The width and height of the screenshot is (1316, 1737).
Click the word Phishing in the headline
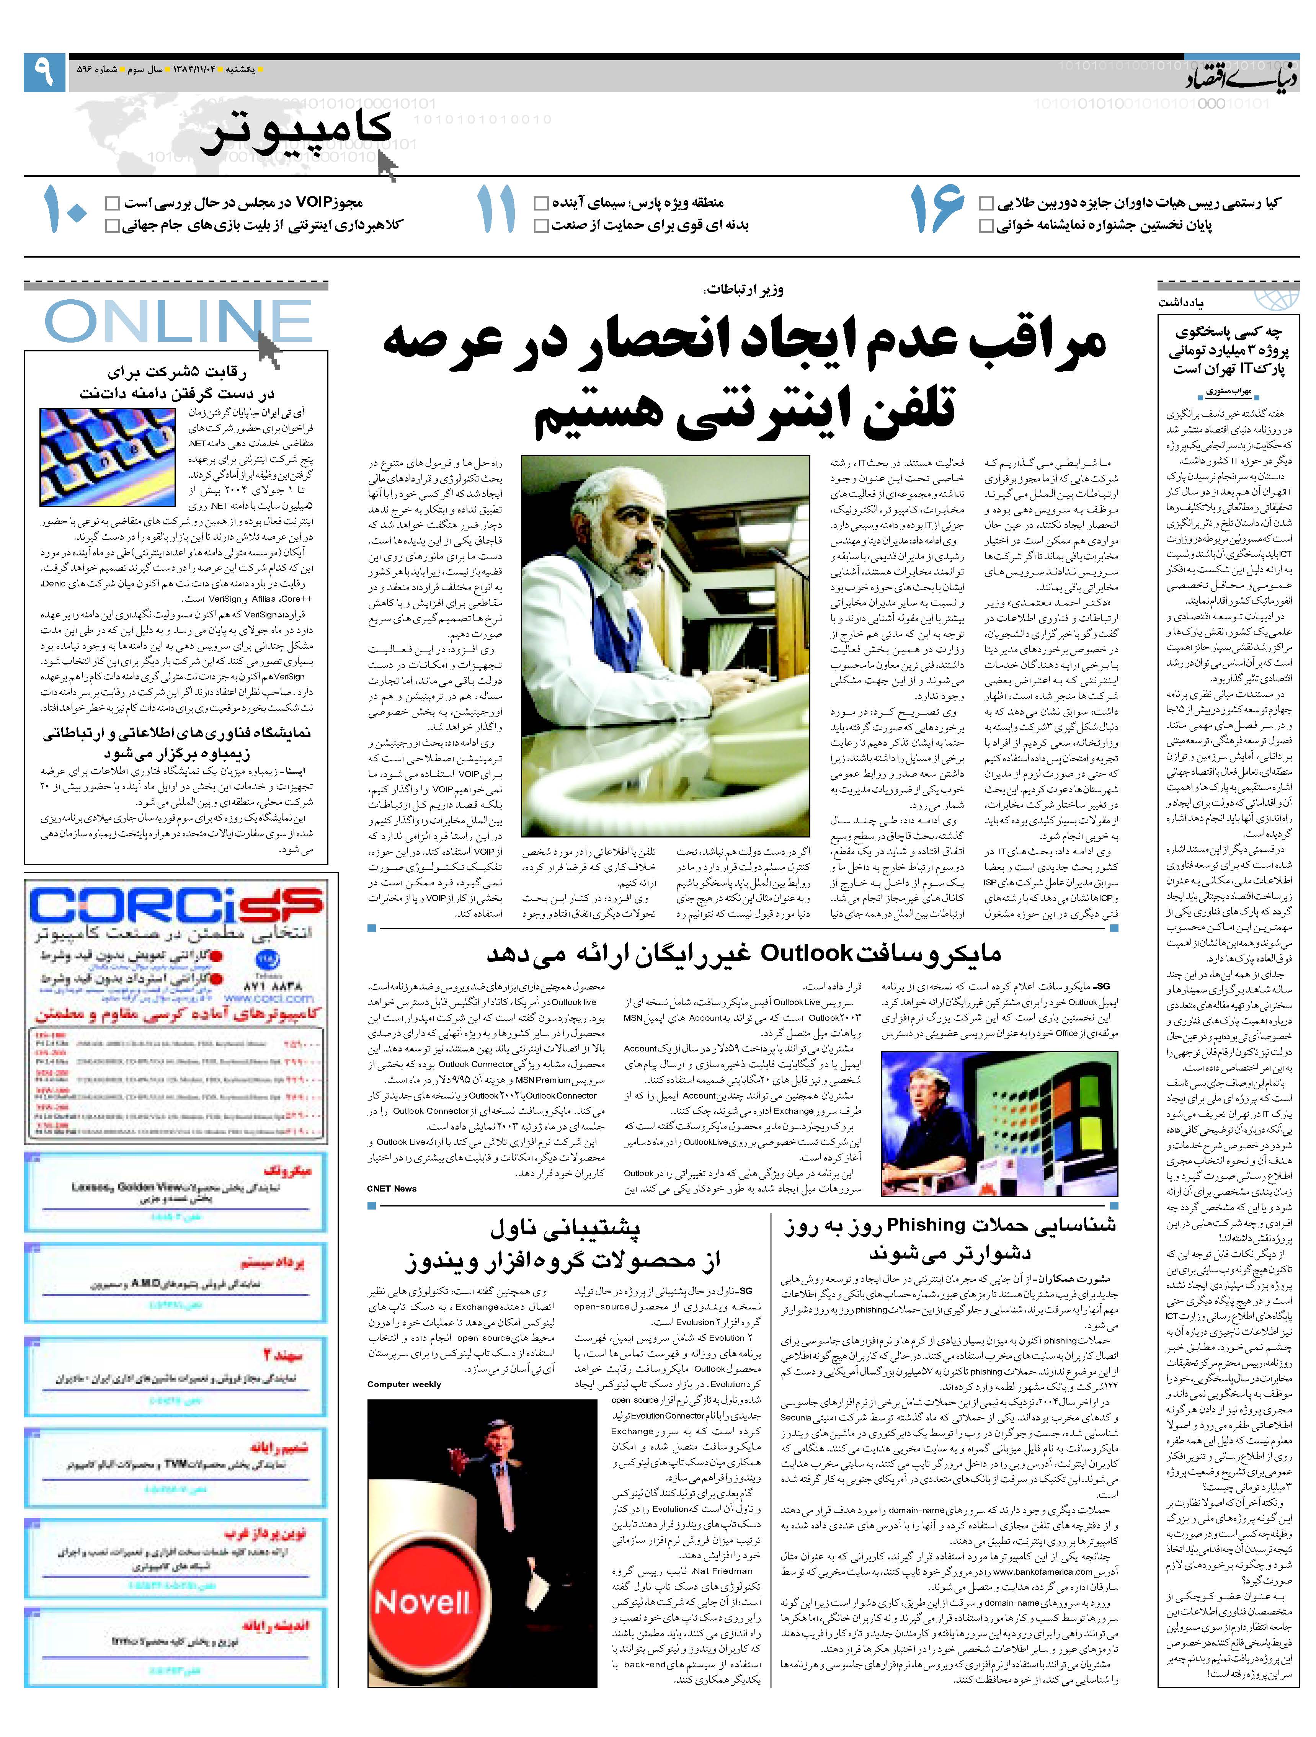point(925,1225)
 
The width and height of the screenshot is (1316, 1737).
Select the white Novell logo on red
point(423,1602)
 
